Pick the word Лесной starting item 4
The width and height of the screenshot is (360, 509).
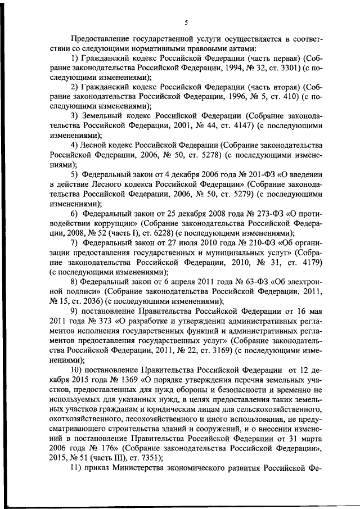pyautogui.click(x=97, y=145)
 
